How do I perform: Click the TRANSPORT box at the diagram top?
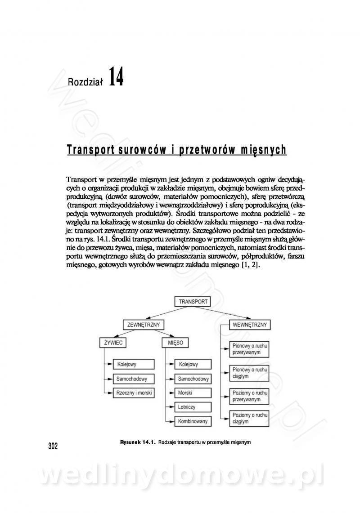click(193, 302)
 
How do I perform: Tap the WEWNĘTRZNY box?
click(249, 325)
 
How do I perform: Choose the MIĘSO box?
click(175, 343)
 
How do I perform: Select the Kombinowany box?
click(193, 421)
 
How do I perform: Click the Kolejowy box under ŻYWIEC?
click(134, 364)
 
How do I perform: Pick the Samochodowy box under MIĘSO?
click(193, 379)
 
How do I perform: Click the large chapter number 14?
click(116, 77)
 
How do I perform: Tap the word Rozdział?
click(85, 81)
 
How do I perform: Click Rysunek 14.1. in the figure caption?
click(138, 442)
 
